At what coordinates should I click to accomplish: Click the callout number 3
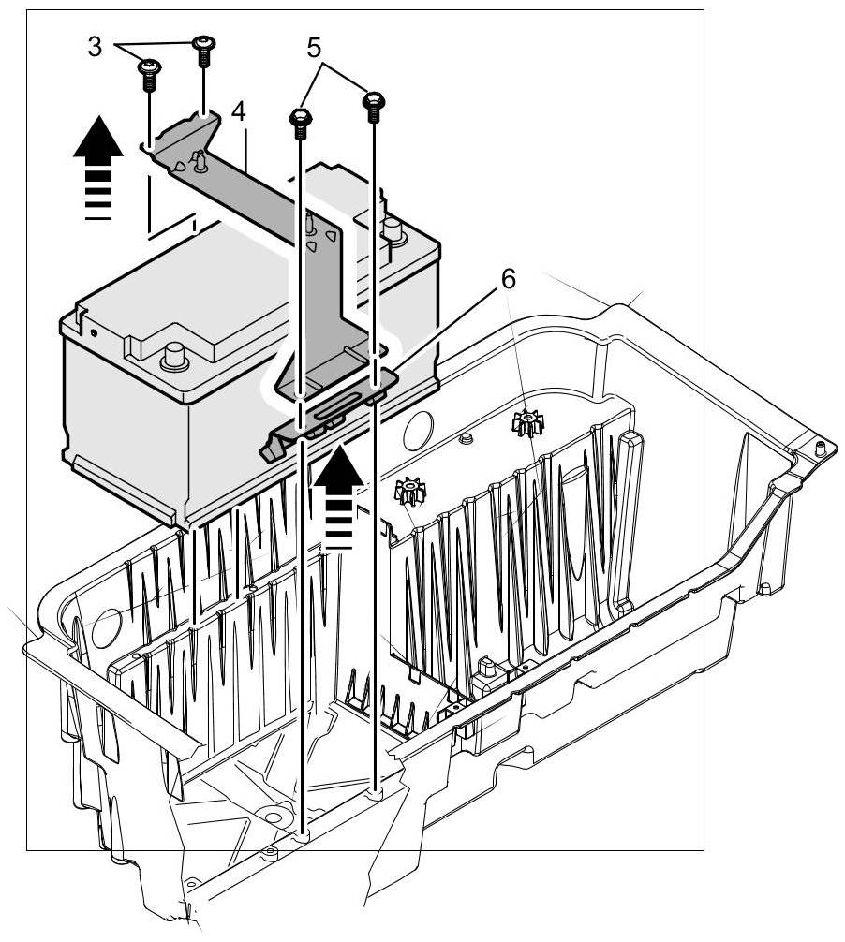coord(95,47)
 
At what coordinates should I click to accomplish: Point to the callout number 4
coord(239,111)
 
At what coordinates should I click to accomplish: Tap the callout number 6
coord(507,278)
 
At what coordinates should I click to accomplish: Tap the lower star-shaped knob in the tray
coord(410,491)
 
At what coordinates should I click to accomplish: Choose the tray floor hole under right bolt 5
coord(376,792)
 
